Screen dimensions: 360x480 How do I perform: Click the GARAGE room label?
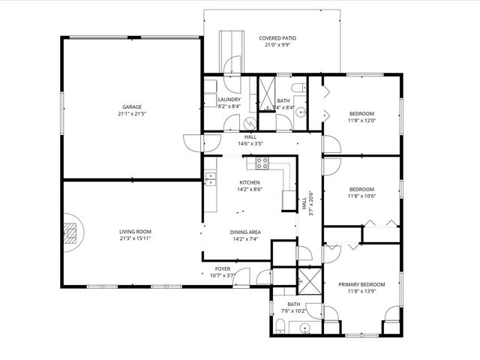point(132,106)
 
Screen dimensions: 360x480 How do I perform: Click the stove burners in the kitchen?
point(262,161)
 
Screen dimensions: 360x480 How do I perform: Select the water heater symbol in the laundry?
point(211,86)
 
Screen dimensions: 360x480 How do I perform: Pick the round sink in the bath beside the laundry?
point(301,113)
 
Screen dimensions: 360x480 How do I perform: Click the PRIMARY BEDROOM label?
point(361,284)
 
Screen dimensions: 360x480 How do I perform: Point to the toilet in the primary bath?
point(279,325)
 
